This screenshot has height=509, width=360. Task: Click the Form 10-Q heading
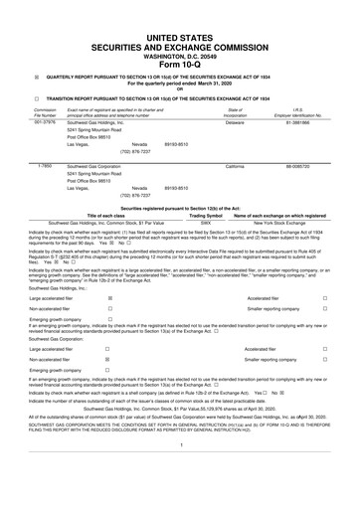pyautogui.click(x=179, y=39)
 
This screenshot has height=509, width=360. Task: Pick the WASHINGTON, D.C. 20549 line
pyautogui.click(x=179, y=30)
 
